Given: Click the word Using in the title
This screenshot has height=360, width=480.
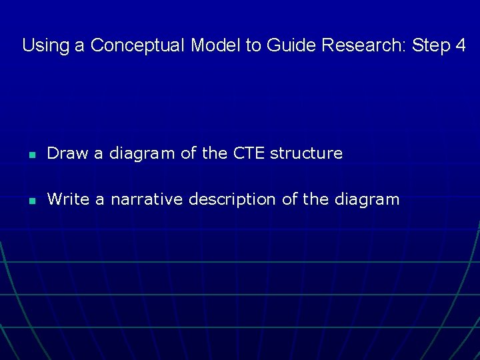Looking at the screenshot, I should click(x=42, y=46).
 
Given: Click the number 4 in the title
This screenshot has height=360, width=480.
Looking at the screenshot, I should click(x=461, y=46).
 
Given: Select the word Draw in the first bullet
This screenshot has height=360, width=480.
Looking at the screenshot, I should click(x=67, y=153).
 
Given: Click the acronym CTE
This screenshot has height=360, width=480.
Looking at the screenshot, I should click(x=249, y=153).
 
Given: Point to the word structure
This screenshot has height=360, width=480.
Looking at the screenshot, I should click(x=306, y=153).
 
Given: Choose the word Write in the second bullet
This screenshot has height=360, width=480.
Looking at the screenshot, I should click(x=69, y=199).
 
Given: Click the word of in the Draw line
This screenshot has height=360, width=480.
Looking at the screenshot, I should click(x=188, y=153).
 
